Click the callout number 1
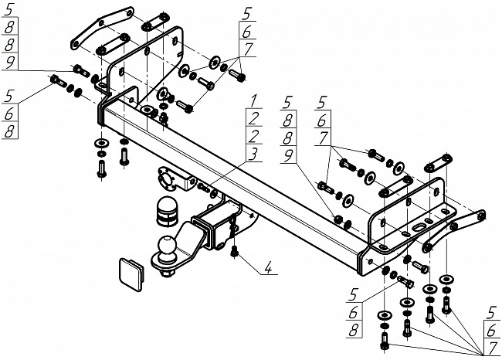click(x=253, y=100)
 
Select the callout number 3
click(x=253, y=154)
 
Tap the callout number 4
click(x=268, y=268)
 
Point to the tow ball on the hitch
click(x=168, y=245)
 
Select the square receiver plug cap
click(x=131, y=274)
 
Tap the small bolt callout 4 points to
click(x=235, y=251)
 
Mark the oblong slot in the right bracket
click(x=419, y=227)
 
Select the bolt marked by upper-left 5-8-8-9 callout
click(x=81, y=70)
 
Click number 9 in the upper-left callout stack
click(x=9, y=62)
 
